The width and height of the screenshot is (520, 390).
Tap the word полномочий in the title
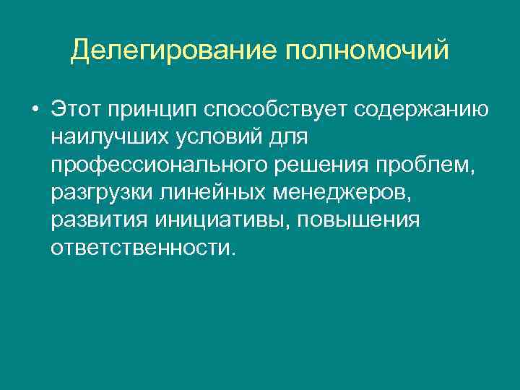[x=368, y=51]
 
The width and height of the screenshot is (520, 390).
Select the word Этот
[x=75, y=109]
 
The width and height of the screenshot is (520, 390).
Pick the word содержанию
[x=422, y=110]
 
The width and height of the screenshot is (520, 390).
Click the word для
[x=287, y=137]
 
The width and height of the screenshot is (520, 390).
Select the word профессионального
[x=160, y=165]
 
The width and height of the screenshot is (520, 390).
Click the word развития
[x=92, y=220]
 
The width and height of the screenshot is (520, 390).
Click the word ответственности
[x=143, y=248]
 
